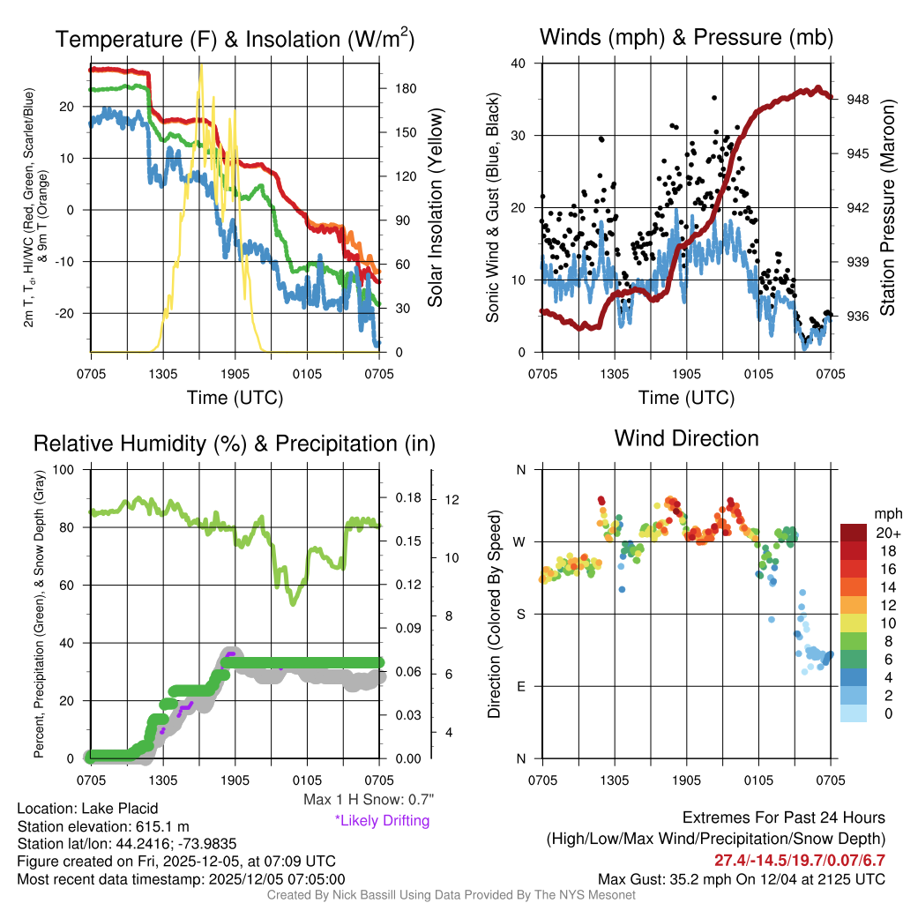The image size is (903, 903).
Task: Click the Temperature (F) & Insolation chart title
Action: tap(235, 39)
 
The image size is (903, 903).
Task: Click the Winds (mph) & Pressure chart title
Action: tap(686, 37)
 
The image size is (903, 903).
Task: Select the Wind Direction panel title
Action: tap(686, 438)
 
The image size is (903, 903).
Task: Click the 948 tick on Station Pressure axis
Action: tap(859, 100)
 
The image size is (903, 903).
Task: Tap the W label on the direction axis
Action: tap(520, 541)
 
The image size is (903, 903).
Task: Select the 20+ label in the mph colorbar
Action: tap(887, 533)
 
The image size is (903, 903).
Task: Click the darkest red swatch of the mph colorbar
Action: tap(853, 533)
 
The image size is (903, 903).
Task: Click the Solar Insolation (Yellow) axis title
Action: tap(435, 207)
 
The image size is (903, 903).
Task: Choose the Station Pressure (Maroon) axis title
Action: tap(887, 207)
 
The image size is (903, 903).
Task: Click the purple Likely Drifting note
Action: tap(382, 820)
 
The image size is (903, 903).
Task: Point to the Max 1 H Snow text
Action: tap(369, 800)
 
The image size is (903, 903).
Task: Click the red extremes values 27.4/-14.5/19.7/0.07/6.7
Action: tap(799, 860)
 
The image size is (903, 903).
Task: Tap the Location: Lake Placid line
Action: tap(87, 809)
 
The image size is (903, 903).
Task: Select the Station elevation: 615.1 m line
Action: tap(103, 826)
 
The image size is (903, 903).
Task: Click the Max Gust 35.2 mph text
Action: tap(741, 878)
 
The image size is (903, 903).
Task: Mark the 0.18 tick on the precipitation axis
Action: tap(408, 498)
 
